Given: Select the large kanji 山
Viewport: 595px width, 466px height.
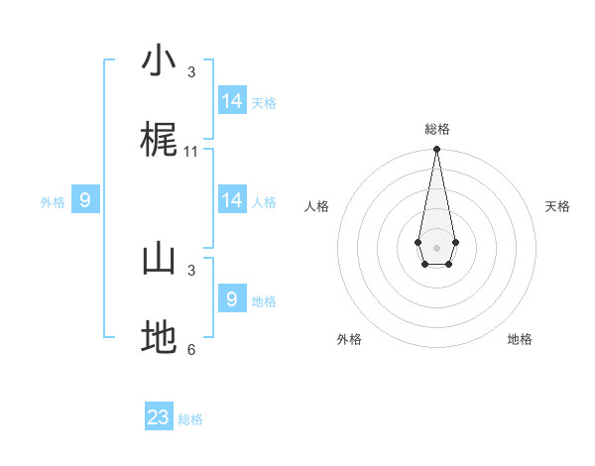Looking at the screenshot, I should point(159,259).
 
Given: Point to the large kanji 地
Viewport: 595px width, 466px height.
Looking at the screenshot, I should point(159,338).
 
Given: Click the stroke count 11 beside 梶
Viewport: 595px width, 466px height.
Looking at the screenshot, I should point(191,152).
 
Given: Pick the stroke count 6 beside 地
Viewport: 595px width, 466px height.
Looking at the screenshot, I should point(191,350).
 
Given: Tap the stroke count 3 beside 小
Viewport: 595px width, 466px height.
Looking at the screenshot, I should point(191,72).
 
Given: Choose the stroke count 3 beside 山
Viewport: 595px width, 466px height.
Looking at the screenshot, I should point(191,270).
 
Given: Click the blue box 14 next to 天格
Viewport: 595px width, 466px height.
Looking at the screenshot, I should point(232,101).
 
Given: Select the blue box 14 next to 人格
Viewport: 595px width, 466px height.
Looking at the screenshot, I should point(232,200).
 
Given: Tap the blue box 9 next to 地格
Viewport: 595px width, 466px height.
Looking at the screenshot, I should point(232,298).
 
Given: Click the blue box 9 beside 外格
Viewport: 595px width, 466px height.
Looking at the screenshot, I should point(85,200).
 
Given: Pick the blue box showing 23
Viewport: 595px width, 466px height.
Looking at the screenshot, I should point(159,417).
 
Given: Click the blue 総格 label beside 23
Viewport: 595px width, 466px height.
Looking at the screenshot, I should point(190,419).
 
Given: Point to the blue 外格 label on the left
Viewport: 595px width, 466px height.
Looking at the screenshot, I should point(53,202).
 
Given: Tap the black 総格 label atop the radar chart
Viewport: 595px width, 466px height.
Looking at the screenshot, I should point(436,130).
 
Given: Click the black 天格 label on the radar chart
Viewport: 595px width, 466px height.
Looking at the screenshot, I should point(557,206).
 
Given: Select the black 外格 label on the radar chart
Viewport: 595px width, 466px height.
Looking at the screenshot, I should point(349,339).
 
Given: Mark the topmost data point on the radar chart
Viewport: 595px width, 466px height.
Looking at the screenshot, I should point(436,150).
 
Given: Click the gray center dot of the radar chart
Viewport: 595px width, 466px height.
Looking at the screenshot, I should point(436,246).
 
